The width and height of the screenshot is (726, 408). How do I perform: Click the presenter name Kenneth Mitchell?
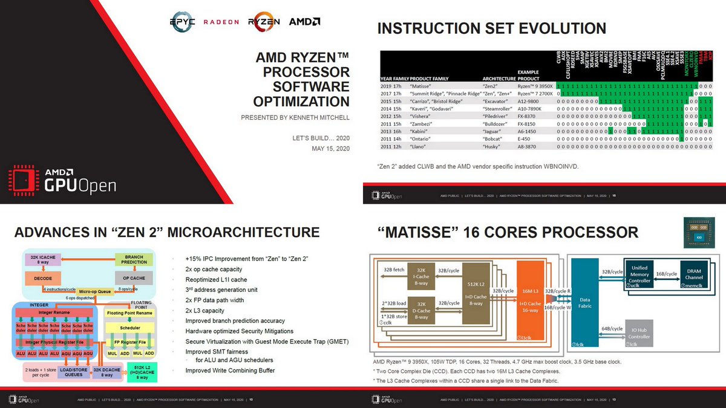pos(295,117)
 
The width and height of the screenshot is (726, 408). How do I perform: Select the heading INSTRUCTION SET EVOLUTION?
pos(491,28)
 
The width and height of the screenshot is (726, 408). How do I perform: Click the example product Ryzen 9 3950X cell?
pos(535,86)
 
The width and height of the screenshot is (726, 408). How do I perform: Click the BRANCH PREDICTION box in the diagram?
pos(134,260)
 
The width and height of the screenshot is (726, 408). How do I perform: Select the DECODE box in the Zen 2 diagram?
pos(43,279)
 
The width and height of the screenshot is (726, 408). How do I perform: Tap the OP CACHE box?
pos(134,279)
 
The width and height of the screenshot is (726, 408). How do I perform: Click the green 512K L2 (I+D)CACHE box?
pos(144,371)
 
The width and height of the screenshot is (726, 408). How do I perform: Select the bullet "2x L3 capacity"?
pos(204,310)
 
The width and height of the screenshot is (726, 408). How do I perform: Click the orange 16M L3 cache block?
pos(530,303)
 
